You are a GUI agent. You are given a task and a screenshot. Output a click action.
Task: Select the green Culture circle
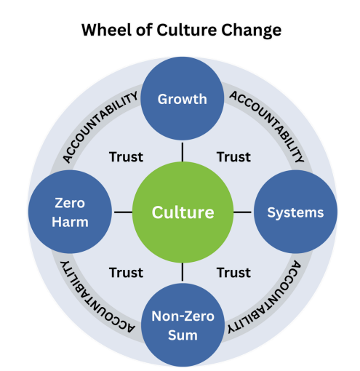pyautogui.click(x=183, y=212)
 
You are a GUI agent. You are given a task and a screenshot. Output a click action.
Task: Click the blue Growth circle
pyautogui.click(x=183, y=98)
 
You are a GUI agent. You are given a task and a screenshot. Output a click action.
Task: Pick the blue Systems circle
pyautogui.click(x=295, y=212)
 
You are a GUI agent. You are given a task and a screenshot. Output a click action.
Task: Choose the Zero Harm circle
pyautogui.click(x=70, y=212)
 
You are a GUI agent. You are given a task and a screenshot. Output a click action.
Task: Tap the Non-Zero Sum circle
pyautogui.click(x=183, y=325)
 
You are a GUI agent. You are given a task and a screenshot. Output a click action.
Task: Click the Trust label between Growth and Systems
pyautogui.click(x=233, y=156)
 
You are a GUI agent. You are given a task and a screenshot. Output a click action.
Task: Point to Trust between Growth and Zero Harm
pyautogui.click(x=125, y=156)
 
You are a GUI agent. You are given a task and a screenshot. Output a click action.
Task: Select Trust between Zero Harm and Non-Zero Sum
pyautogui.click(x=125, y=273)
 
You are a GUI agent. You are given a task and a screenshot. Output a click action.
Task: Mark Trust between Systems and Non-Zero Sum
pyautogui.click(x=233, y=273)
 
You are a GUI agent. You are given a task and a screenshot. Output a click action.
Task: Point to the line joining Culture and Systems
pyautogui.click(x=242, y=212)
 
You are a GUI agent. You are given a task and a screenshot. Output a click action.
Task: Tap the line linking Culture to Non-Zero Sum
pyautogui.click(x=183, y=272)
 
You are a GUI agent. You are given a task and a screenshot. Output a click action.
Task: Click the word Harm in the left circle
pyautogui.click(x=70, y=223)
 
